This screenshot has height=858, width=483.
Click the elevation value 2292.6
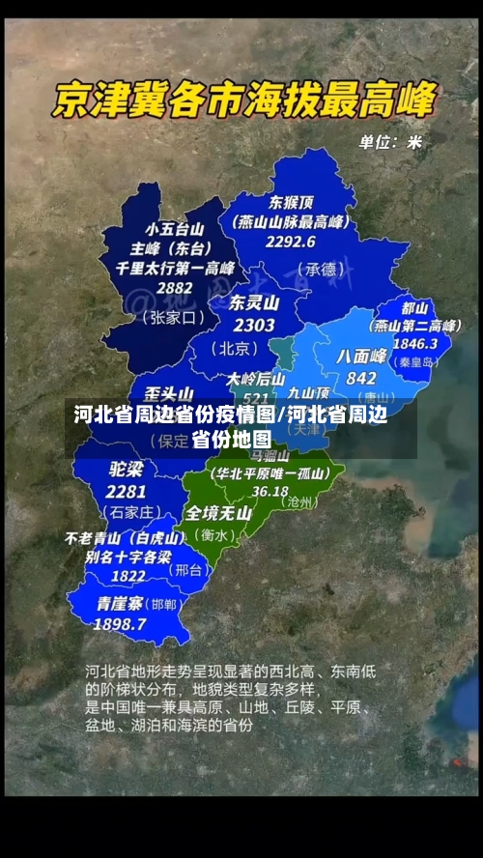coord(292,241)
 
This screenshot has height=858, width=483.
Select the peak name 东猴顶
coord(291,203)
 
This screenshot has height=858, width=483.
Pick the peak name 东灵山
coord(254,302)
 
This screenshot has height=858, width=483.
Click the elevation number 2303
coord(254,326)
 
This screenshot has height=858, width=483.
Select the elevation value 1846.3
coord(414,343)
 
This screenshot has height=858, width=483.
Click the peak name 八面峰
coord(361,357)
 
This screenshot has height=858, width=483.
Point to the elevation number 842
coord(360,378)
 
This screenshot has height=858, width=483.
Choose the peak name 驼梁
coord(127,470)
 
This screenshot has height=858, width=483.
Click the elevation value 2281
coord(127,491)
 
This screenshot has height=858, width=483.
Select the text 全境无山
coord(219,513)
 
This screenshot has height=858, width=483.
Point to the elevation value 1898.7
coord(121,624)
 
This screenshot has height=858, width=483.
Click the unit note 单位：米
coord(391,142)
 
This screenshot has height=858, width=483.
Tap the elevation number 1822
coord(128,575)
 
